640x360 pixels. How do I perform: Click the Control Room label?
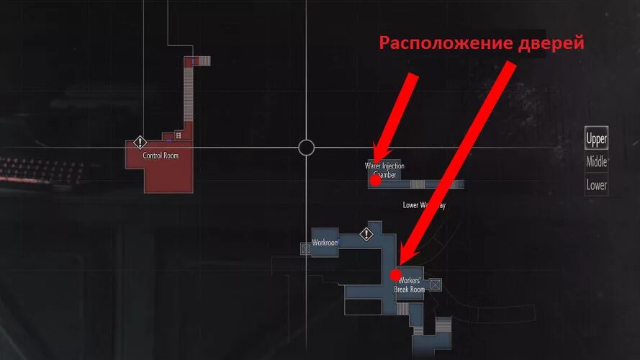[x=161, y=156]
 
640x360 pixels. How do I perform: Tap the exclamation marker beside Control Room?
[x=140, y=143]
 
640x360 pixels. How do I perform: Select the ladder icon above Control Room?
[x=178, y=135]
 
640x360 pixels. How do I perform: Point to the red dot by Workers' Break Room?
[x=395, y=274]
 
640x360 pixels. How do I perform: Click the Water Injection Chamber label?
[x=385, y=170]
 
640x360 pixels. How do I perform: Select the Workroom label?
[x=325, y=243]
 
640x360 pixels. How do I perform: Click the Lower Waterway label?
[x=424, y=205]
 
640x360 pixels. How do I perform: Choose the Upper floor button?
[x=596, y=138]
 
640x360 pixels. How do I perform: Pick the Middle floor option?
[x=596, y=162]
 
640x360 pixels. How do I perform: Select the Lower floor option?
[x=596, y=185]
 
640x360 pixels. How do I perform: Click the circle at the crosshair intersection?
[x=306, y=148]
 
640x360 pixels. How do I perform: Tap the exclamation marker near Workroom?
[x=367, y=234]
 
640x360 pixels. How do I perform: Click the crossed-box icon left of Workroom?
[x=306, y=248]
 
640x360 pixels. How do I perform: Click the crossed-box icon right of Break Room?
[x=434, y=286]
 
